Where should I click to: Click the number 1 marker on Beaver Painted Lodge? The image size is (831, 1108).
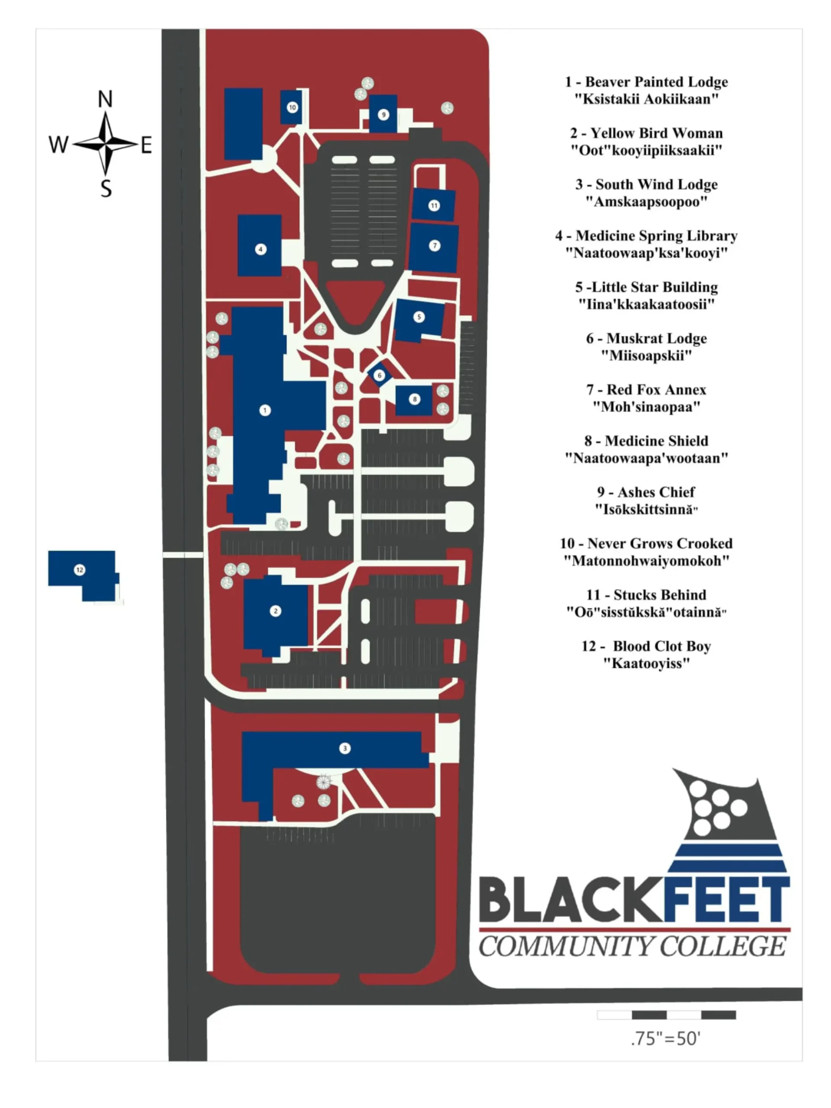[265, 410]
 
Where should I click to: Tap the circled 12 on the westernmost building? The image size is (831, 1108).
[79, 570]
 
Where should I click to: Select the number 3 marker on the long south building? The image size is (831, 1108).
[345, 748]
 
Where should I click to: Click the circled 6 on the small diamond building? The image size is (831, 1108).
[379, 375]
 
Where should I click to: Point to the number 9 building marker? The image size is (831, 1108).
[384, 115]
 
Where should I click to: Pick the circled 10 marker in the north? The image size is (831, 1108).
[292, 107]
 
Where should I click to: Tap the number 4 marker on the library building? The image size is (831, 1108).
[261, 249]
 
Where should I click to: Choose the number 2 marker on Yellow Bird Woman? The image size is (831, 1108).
[275, 611]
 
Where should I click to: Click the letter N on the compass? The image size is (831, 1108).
[105, 99]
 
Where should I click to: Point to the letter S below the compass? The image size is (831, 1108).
[106, 189]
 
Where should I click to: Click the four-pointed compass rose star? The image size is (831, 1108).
[105, 144]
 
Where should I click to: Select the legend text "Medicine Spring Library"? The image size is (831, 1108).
[656, 235]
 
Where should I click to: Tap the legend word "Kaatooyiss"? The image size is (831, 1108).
[646, 663]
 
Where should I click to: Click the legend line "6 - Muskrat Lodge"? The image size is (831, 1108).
[646, 338]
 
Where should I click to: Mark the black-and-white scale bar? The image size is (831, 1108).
[666, 1015]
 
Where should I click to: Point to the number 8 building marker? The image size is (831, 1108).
[414, 399]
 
